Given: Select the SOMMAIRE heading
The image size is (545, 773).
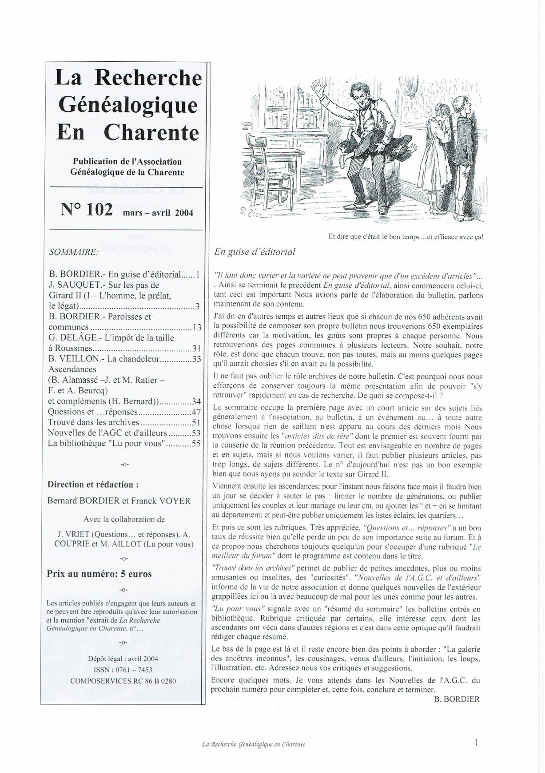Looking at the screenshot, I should tap(73, 252).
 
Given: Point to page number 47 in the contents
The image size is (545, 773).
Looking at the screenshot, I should tap(196, 412).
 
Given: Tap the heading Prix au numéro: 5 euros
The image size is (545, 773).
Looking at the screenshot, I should tap(99, 574).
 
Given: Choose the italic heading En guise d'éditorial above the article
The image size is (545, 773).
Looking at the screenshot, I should tap(255, 252).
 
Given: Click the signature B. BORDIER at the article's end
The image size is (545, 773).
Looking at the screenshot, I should tap(456, 699).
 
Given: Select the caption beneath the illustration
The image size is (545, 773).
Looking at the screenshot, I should tap(406, 237).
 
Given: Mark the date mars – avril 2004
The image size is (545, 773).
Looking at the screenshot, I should tap(158, 212).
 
